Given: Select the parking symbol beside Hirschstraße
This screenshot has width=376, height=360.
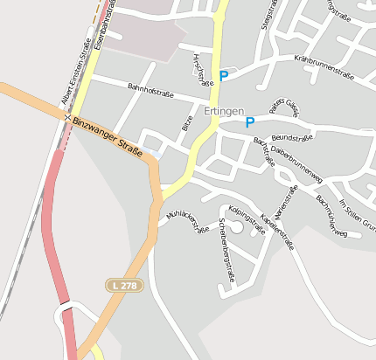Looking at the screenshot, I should pos(223,76).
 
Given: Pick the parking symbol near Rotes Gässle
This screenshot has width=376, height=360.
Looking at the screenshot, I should pos(250,122).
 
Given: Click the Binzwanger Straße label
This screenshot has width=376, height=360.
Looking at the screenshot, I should pos(108,137).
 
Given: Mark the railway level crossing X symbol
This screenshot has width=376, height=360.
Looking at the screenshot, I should pos(66,115).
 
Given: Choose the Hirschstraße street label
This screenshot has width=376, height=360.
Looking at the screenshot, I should pos(201,69).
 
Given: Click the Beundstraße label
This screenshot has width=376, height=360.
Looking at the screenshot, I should pos(292,137).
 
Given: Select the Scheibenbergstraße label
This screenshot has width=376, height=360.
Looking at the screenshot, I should pos(226,252).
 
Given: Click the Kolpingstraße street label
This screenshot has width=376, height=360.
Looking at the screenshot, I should pos(246,219).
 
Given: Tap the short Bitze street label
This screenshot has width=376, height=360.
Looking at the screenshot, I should pos(187,123).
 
